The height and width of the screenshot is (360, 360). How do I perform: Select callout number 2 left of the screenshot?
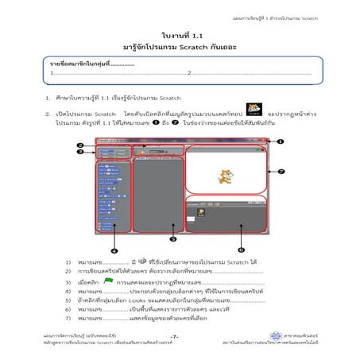point(80,145)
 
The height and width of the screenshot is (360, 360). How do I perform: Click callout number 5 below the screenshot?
point(173,238)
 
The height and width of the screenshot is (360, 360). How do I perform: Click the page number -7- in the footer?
point(174,339)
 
